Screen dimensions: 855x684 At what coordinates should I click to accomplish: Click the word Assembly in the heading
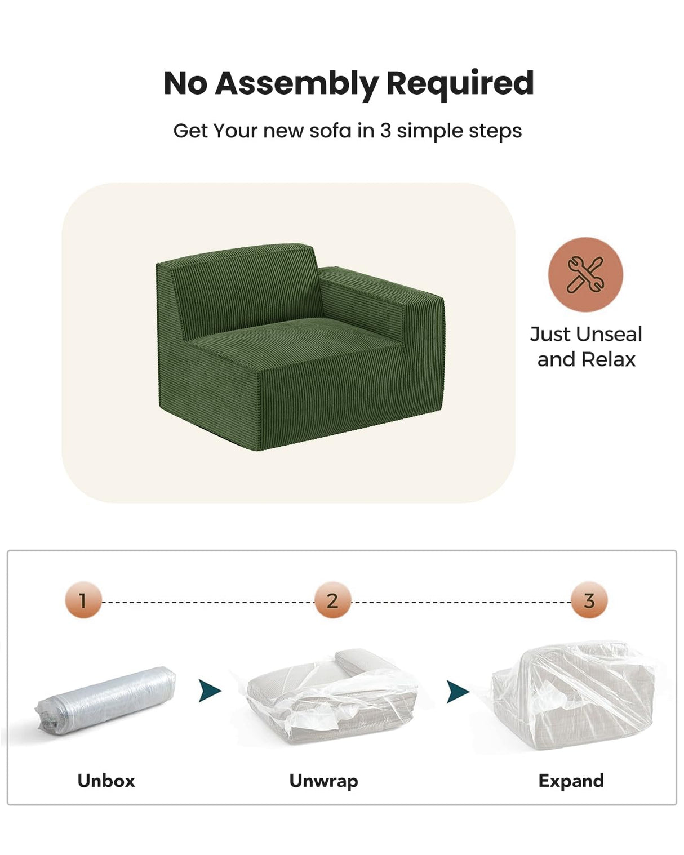click(297, 83)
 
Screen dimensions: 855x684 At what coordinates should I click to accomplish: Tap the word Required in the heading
click(460, 83)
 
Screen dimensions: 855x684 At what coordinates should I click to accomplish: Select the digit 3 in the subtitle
click(385, 131)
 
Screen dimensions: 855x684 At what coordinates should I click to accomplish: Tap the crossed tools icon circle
click(585, 274)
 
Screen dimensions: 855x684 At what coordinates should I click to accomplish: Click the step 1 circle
click(83, 600)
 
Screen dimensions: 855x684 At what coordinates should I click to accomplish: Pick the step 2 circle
click(332, 600)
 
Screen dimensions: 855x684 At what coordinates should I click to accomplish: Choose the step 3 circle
click(589, 600)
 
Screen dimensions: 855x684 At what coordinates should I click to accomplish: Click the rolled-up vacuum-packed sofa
click(106, 700)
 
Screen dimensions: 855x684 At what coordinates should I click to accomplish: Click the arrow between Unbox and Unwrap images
click(209, 691)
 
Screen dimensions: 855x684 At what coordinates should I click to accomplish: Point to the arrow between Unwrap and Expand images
click(457, 691)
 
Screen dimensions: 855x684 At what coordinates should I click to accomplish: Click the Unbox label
click(106, 781)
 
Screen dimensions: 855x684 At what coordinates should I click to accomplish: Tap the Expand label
click(571, 781)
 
